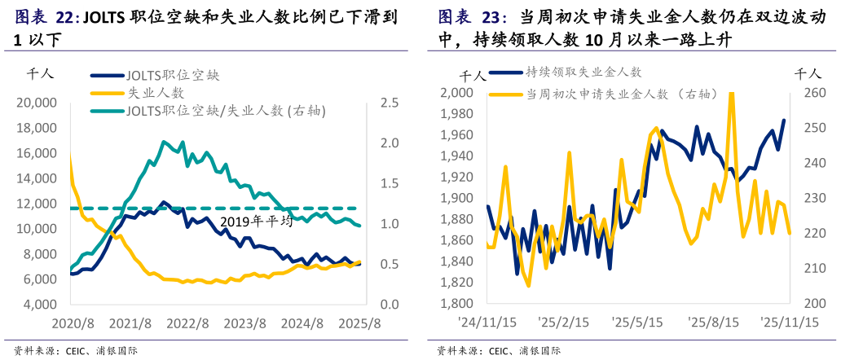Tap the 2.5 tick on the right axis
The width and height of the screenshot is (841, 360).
[388, 103]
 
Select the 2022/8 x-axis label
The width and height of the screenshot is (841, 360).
[187, 323]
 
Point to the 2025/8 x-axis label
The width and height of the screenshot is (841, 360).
[360, 323]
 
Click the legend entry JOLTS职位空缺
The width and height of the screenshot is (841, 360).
[174, 75]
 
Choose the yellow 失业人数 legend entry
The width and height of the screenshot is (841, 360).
[156, 93]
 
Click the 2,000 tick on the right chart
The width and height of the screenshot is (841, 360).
[456, 93]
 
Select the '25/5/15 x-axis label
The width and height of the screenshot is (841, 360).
[639, 323]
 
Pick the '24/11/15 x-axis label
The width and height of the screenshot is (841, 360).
[487, 323]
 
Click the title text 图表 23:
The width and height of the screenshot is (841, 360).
[473, 17]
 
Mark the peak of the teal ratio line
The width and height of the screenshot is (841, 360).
[164, 142]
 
